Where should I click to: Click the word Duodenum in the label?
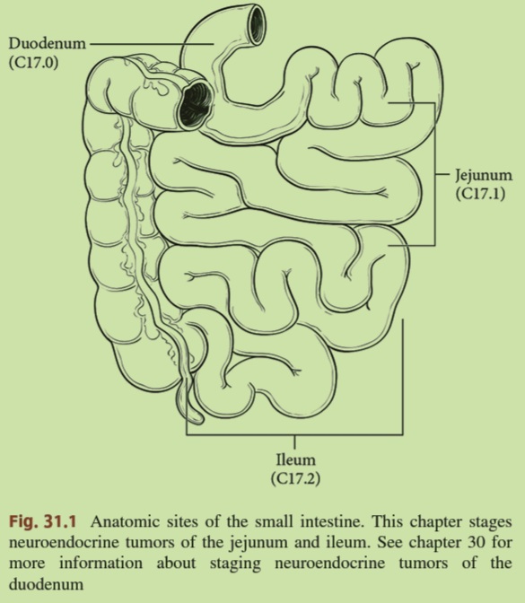(47, 43)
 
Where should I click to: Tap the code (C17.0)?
(34, 62)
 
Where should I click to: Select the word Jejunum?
(484, 175)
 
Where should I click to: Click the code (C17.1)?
(480, 193)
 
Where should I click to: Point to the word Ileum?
(295, 459)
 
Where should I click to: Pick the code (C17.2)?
(295, 479)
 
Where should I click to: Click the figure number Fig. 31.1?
(43, 521)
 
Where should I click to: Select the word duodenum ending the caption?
(46, 584)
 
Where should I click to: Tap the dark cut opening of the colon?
(197, 105)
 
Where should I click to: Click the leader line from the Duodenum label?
(152, 44)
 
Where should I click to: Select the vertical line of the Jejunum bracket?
(435, 174)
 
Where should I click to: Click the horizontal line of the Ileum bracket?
(294, 434)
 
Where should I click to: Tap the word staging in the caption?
(235, 564)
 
